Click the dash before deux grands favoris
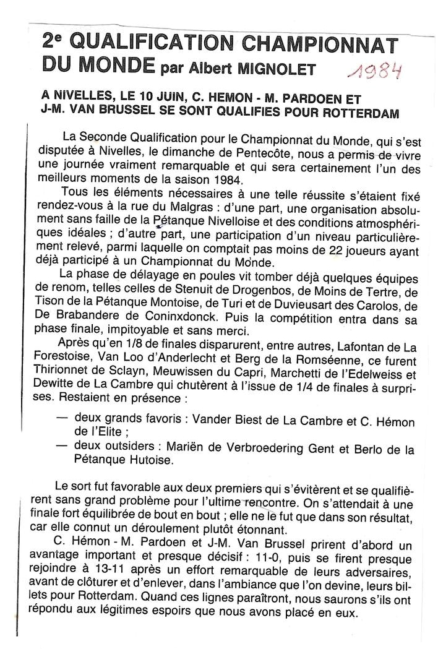pos(62,419)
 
